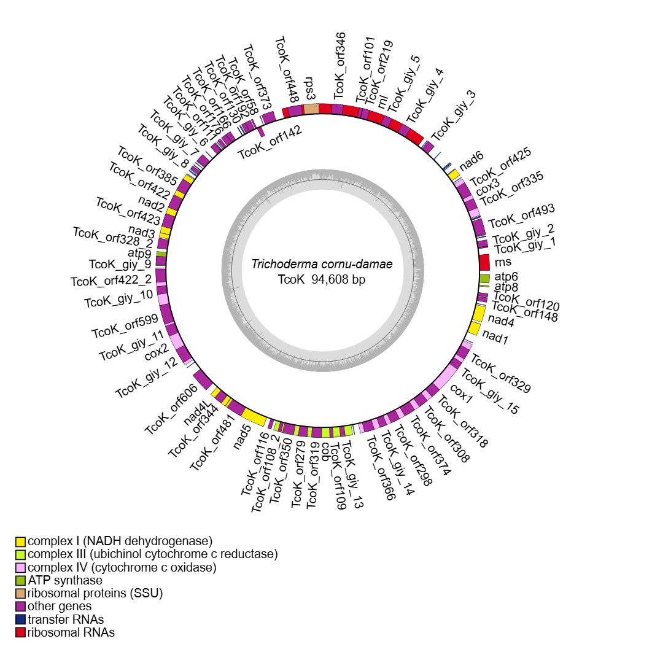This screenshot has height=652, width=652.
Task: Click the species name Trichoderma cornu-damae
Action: coord(322,265)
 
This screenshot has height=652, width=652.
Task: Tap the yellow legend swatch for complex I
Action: coord(21,541)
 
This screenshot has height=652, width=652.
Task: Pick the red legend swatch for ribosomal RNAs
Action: coord(21,632)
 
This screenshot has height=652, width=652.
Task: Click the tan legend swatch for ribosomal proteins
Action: coord(21,593)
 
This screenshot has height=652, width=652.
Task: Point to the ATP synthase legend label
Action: coord(65,580)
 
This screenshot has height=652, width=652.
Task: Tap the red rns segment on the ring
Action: coord(484,262)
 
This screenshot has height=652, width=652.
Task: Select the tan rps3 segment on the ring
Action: coord(311,109)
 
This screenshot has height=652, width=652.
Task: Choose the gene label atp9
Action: coord(140,252)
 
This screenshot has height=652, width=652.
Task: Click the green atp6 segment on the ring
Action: coord(484,279)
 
